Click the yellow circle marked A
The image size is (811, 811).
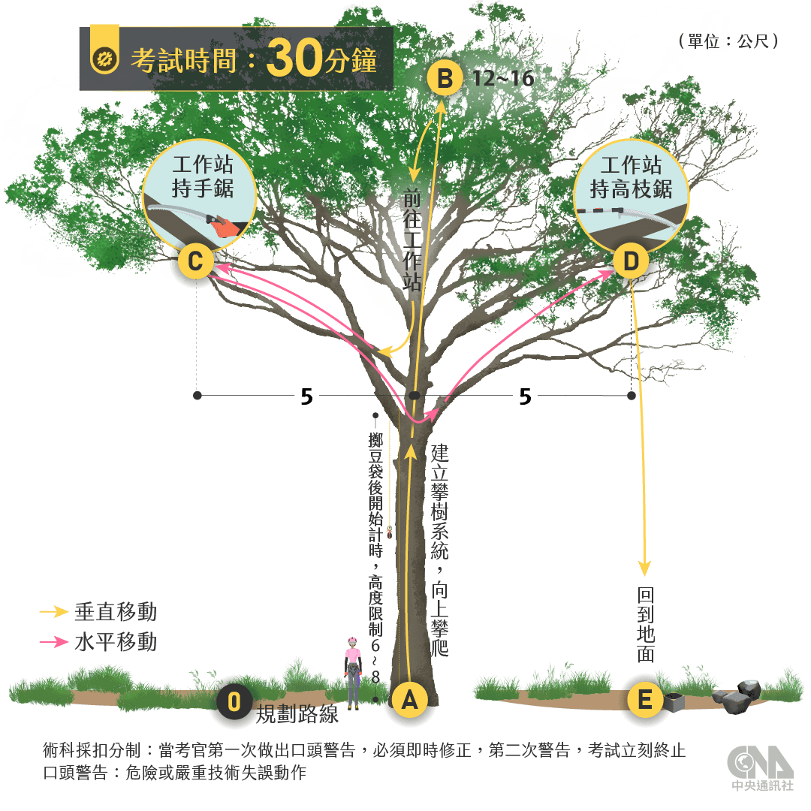tap(409, 701)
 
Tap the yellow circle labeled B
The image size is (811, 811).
tap(445, 78)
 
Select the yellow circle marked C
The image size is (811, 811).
tap(195, 263)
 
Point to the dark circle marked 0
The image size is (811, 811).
tap(234, 703)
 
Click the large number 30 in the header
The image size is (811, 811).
tap(294, 59)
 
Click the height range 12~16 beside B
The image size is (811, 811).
tap(502, 78)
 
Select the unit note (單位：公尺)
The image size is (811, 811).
tap(728, 41)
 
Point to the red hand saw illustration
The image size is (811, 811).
tap(221, 225)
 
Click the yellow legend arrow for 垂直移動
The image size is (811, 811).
tap(55, 612)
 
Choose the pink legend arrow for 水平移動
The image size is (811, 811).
tap(55, 642)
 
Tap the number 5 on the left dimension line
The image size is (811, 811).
tap(306, 397)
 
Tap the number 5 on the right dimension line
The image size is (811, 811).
tap(525, 397)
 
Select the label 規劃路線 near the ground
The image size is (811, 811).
tap(298, 714)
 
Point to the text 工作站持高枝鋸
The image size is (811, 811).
tap(631, 177)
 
